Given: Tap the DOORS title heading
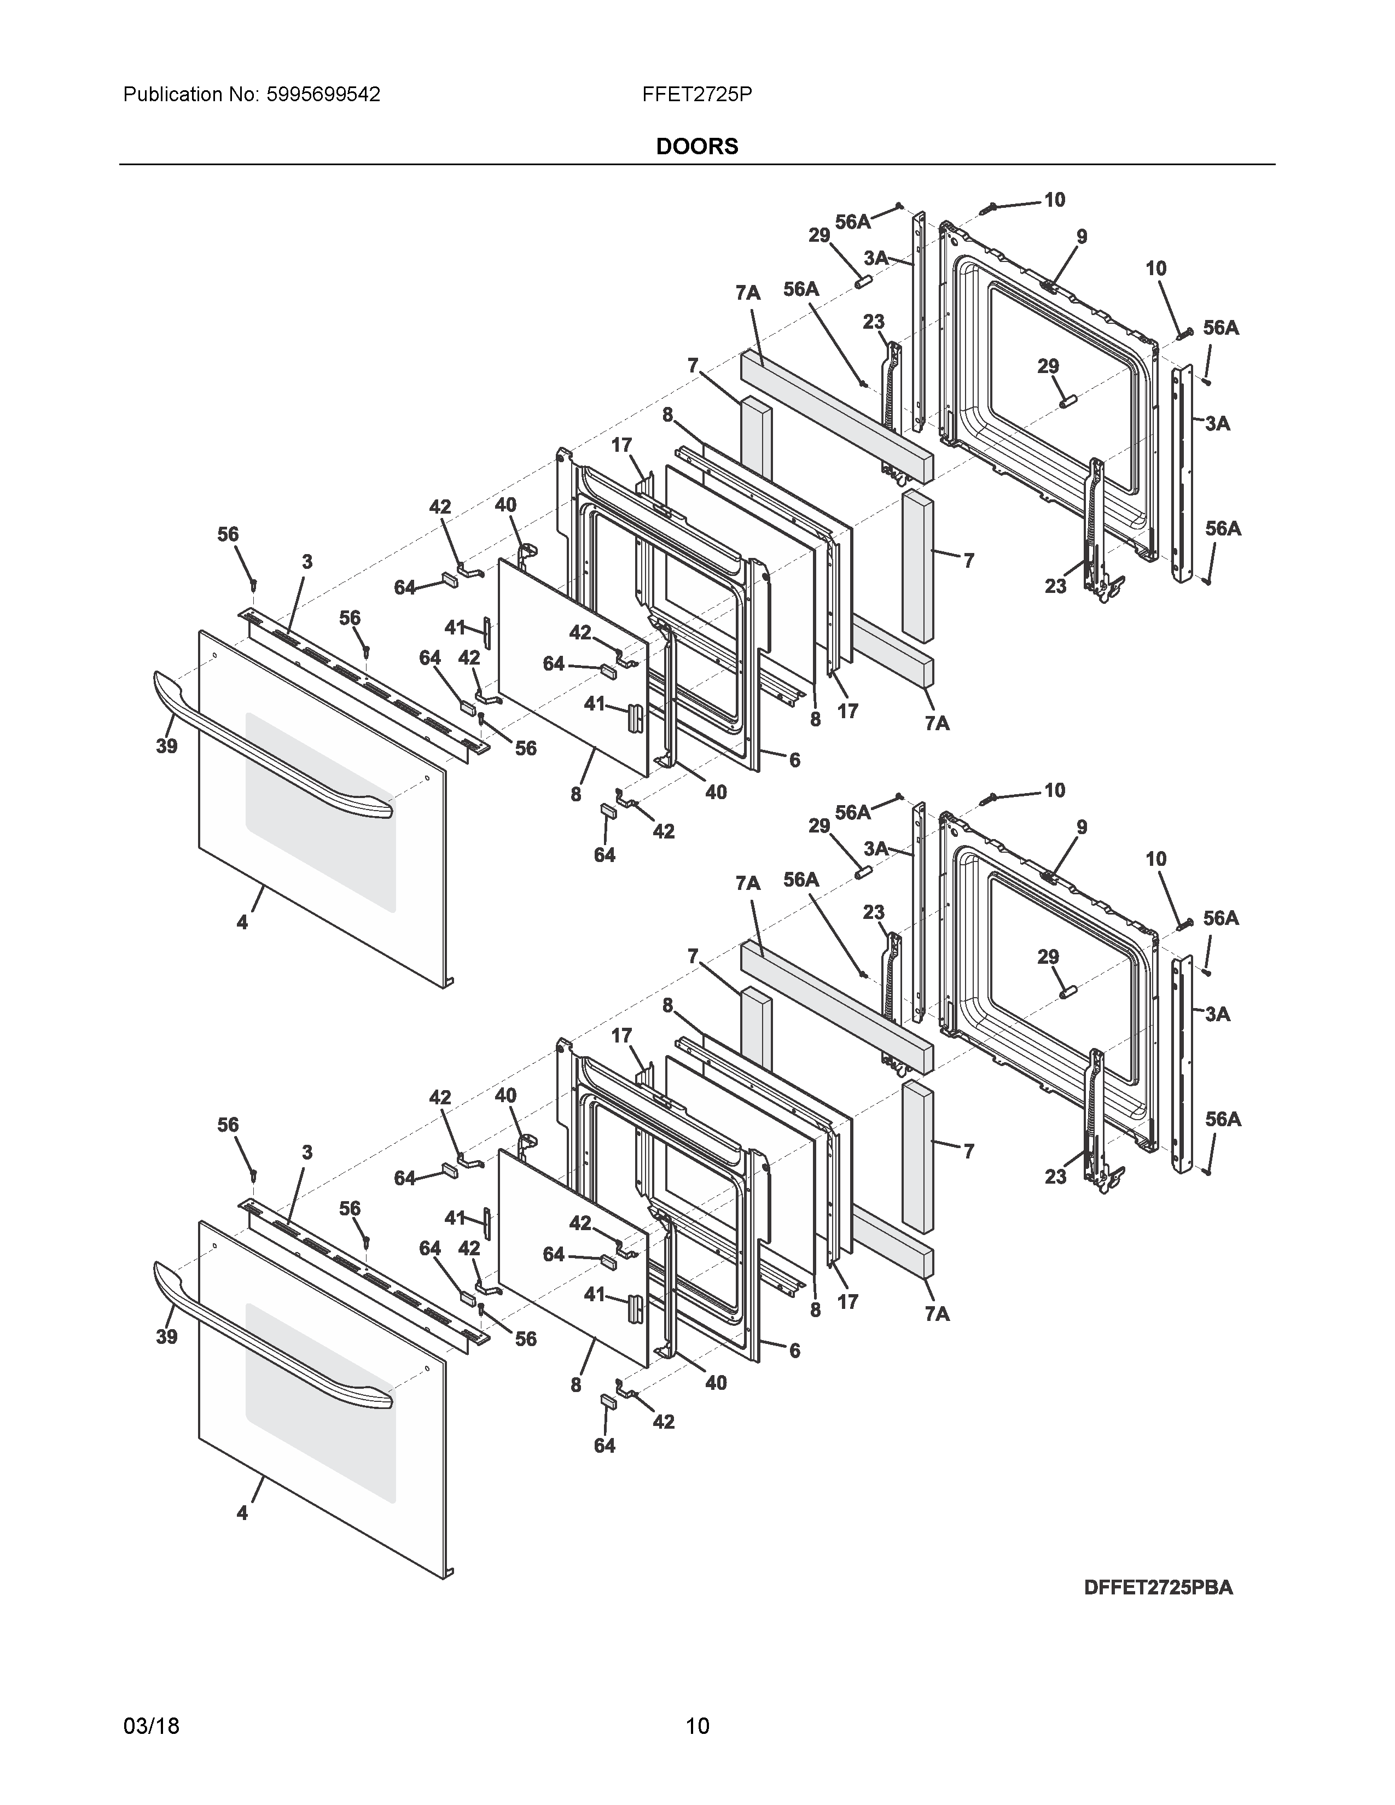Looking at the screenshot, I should click(696, 146).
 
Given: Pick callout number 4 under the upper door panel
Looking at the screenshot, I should click(242, 922).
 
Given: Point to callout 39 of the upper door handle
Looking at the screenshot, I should click(167, 746).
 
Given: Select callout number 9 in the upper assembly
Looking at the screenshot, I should click(1082, 236).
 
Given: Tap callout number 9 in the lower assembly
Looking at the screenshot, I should click(1082, 827).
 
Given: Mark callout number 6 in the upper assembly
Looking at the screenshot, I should click(794, 760).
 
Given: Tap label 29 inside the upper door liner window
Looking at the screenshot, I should click(1048, 366).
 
